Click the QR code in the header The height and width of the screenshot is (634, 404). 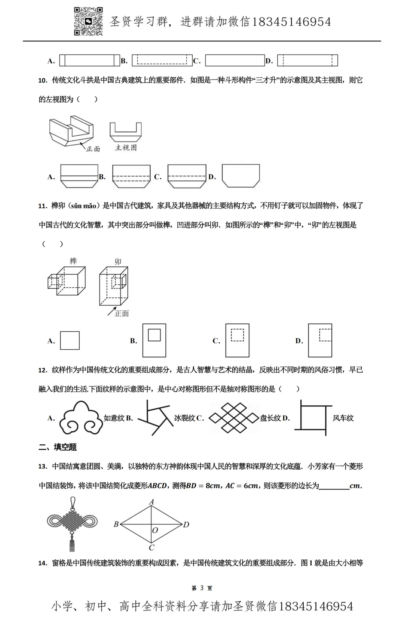pyautogui.click(x=88, y=21)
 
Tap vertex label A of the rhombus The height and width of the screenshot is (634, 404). pyautogui.click(x=151, y=502)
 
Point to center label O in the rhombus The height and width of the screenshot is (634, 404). pyautogui.click(x=155, y=530)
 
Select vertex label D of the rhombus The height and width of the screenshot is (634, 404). pyautogui.click(x=186, y=525)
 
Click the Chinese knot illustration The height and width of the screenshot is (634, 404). pyautogui.click(x=72, y=523)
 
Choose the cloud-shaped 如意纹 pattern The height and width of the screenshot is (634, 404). pyautogui.click(x=81, y=418)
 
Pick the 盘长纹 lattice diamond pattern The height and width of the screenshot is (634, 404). pyautogui.click(x=234, y=418)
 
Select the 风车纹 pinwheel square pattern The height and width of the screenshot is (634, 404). pyautogui.click(x=313, y=418)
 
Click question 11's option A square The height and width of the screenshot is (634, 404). pyautogui.click(x=70, y=340)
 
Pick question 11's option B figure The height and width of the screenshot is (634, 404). pyautogui.click(x=154, y=340)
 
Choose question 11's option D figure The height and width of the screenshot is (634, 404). pyautogui.click(x=320, y=340)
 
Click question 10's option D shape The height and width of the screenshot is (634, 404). pyautogui.click(x=241, y=176)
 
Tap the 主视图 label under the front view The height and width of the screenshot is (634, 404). pyautogui.click(x=126, y=148)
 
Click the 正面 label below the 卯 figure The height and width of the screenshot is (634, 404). pyautogui.click(x=122, y=313)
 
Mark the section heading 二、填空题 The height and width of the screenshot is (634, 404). pyautogui.click(x=58, y=447)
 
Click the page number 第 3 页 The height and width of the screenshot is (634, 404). pyautogui.click(x=202, y=588)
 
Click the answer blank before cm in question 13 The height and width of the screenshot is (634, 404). pyautogui.click(x=334, y=486)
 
